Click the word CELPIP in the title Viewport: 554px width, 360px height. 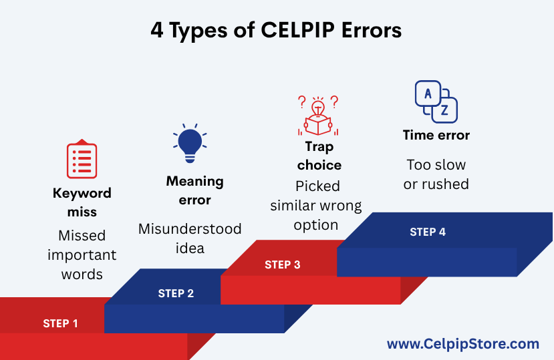click(297, 29)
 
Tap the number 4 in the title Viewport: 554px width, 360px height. click(157, 30)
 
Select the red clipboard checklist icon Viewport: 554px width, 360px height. click(82, 158)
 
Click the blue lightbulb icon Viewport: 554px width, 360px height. click(190, 143)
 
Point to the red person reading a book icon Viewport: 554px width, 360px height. click(318, 116)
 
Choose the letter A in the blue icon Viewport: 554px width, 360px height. click(428, 94)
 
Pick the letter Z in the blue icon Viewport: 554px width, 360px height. click(444, 111)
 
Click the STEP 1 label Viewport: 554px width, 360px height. click(60, 323)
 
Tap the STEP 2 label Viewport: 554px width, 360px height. click(176, 293)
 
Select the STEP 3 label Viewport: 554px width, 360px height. click(282, 264)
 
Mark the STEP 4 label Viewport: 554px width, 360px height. click(428, 232)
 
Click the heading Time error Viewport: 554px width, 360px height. click(436, 135)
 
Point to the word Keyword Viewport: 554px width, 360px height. click(82, 194)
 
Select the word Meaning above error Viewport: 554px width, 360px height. click(194, 182)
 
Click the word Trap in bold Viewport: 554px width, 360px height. click(319, 147)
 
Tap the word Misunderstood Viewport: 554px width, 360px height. click(190, 228)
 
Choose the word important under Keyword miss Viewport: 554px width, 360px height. click(82, 255)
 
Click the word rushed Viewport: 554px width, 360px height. click(446, 184)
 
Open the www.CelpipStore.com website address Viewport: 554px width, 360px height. click(463, 344)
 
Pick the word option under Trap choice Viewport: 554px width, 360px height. click(316, 225)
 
